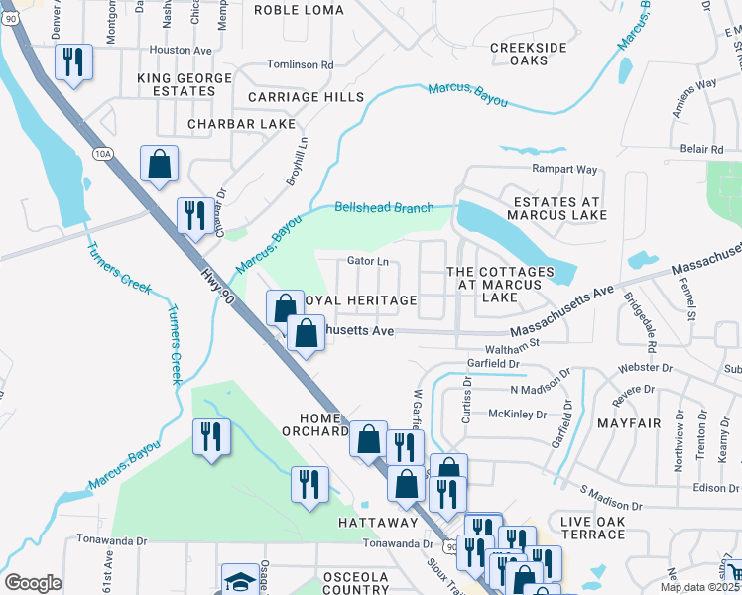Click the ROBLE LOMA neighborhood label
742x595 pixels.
[x=299, y=10]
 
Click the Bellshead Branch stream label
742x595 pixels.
[x=384, y=207]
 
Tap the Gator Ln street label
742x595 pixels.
[x=367, y=262]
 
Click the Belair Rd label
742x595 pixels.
[x=701, y=149]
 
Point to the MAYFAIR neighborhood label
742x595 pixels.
[x=629, y=422]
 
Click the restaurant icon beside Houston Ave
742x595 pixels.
[x=73, y=63]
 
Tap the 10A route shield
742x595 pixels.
[x=103, y=154]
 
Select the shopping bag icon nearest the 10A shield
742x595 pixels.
[x=159, y=166]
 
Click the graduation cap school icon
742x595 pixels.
[x=239, y=581]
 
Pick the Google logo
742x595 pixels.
[x=34, y=583]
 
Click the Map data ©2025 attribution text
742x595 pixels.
[x=700, y=587]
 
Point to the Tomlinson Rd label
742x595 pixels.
[x=301, y=64]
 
